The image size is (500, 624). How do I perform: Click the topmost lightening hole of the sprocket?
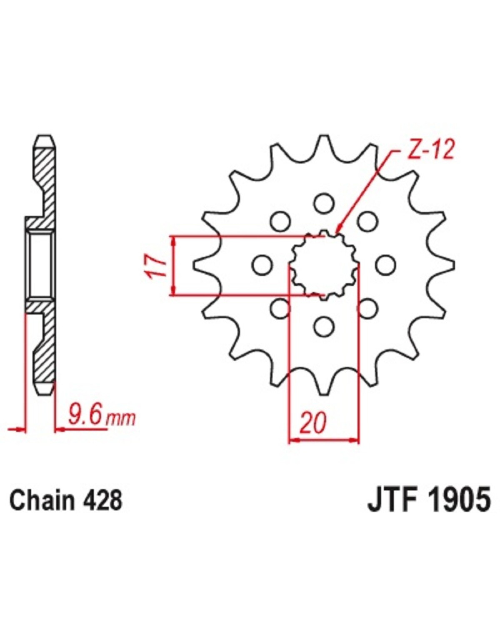coord(324,203)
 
